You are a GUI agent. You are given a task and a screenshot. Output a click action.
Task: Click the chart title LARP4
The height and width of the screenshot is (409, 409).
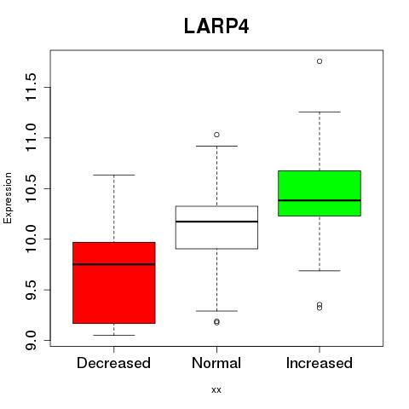[216, 26]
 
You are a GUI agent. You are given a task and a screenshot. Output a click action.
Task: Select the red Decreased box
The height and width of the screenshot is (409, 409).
[114, 283]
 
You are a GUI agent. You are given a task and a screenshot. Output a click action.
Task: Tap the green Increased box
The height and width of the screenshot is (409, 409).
[320, 193]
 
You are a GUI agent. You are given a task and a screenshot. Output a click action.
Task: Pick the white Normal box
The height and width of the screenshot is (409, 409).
[216, 228]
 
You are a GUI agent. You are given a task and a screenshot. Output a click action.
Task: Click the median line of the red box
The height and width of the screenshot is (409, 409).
[114, 264]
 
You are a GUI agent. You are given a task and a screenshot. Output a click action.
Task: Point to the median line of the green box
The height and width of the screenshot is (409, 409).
[320, 200]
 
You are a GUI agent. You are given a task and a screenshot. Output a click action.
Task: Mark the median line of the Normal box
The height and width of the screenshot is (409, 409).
[216, 222]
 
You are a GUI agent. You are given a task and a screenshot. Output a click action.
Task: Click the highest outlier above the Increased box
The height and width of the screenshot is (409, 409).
[320, 61]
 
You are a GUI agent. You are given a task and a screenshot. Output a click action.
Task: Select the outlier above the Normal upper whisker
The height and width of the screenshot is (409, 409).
[216, 135]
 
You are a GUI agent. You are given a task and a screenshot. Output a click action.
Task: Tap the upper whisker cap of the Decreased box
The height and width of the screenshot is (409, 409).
[114, 175]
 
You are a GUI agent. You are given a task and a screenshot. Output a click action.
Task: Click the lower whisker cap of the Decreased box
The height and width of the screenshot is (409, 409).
[114, 335]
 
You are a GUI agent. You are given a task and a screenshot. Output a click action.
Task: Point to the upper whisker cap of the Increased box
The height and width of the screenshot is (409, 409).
[320, 112]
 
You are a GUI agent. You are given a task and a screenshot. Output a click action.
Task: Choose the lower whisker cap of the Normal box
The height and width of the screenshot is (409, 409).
[216, 311]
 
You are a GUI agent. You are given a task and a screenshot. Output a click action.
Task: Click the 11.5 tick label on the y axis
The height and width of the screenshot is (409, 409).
[31, 87]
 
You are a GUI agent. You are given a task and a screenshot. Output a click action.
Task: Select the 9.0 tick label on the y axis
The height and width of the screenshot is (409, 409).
[31, 340]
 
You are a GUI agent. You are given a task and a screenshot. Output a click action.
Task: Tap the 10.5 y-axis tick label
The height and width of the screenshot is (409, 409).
[31, 188]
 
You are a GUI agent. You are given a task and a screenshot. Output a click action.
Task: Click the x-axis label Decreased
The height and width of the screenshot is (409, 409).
[113, 363]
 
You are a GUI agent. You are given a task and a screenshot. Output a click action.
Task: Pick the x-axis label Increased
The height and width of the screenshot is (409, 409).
[320, 363]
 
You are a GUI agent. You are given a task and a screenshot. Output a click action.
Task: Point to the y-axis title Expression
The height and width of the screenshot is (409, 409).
[8, 198]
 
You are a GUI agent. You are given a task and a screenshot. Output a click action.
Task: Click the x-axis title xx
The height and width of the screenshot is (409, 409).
[216, 390]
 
